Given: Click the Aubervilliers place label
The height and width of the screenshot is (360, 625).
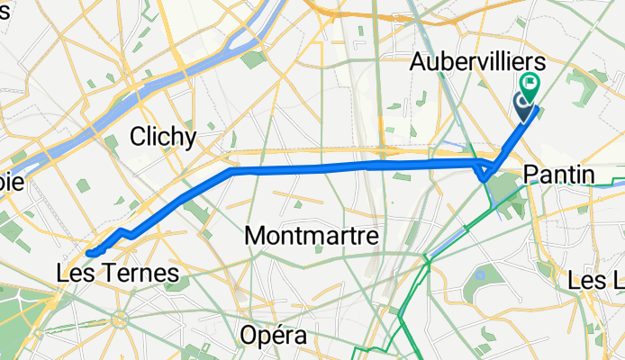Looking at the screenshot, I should tap(477, 62).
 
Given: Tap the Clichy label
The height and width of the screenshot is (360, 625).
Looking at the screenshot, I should tap(163, 137).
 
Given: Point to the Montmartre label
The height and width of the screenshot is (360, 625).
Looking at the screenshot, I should tap(309, 236).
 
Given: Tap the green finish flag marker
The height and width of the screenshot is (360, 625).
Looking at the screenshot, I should tap(530, 88).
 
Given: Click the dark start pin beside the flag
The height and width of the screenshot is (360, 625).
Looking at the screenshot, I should tap(524, 106).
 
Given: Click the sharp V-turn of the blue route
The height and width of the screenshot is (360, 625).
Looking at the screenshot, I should tap(485, 176).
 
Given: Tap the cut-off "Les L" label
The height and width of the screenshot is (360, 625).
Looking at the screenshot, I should tap(595, 282).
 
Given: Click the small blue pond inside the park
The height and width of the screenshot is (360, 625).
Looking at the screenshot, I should tap(481, 274).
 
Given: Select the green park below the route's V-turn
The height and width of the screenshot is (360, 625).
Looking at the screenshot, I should tap(507, 190).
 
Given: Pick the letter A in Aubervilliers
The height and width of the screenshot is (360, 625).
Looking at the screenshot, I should tap(419, 63).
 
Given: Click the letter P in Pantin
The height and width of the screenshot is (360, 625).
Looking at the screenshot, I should tap(530, 175).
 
